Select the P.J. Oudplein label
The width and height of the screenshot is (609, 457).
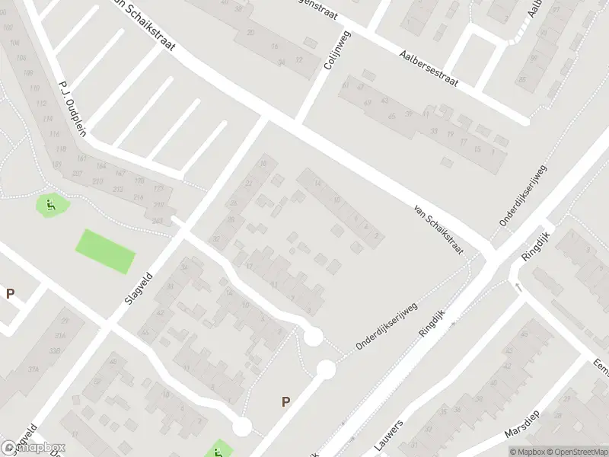pyautogui.click(x=72, y=107)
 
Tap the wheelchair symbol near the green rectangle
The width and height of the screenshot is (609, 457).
pyautogui.click(x=50, y=203)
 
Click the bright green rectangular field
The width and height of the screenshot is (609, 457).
pyautogui.click(x=105, y=251)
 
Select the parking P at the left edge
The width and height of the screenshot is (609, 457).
pyautogui.click(x=11, y=293)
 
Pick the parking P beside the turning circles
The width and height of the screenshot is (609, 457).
pyautogui.click(x=286, y=402)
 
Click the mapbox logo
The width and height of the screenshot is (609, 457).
pyautogui.click(x=33, y=448)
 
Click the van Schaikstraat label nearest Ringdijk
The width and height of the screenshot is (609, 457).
pyautogui.click(x=438, y=229)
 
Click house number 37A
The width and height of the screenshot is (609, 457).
pyautogui.click(x=34, y=369)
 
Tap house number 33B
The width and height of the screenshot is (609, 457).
pyautogui.click(x=55, y=350)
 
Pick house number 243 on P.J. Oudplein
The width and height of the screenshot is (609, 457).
pyautogui.click(x=158, y=221)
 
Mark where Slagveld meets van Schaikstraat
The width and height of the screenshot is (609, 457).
pyautogui.click(x=264, y=120)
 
